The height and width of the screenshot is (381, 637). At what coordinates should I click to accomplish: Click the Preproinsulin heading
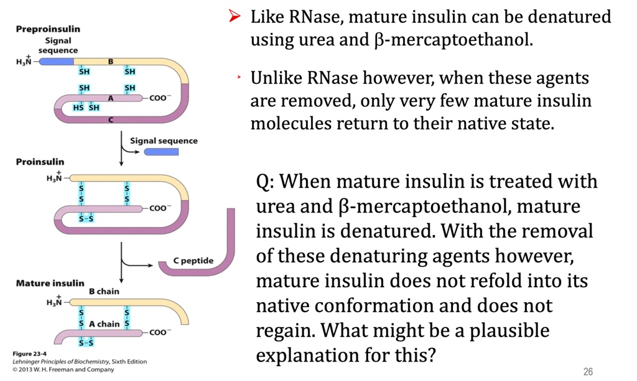48,29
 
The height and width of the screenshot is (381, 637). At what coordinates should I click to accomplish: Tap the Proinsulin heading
40,162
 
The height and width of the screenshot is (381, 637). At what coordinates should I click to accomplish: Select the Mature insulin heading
50,283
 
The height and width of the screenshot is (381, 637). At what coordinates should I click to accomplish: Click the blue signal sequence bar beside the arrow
161,152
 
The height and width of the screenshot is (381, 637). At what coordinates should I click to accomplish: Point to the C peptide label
193,260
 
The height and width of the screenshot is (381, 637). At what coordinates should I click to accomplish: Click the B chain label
104,291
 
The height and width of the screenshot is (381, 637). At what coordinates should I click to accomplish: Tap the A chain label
105,324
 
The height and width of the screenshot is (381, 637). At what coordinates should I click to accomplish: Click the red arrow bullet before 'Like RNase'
235,16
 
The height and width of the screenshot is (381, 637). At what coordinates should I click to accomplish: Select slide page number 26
588,371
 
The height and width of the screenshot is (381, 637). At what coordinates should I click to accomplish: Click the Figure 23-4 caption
29,354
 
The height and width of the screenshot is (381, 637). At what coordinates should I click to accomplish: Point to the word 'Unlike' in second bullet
276,78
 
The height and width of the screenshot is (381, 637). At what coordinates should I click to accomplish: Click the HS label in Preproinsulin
78,108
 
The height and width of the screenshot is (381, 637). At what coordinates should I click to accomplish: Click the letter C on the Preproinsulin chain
111,120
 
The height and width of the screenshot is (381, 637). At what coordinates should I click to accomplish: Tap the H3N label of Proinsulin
54,177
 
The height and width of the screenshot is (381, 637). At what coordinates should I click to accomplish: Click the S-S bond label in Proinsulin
86,219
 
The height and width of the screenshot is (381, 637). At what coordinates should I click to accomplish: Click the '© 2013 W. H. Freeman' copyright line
63,370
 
